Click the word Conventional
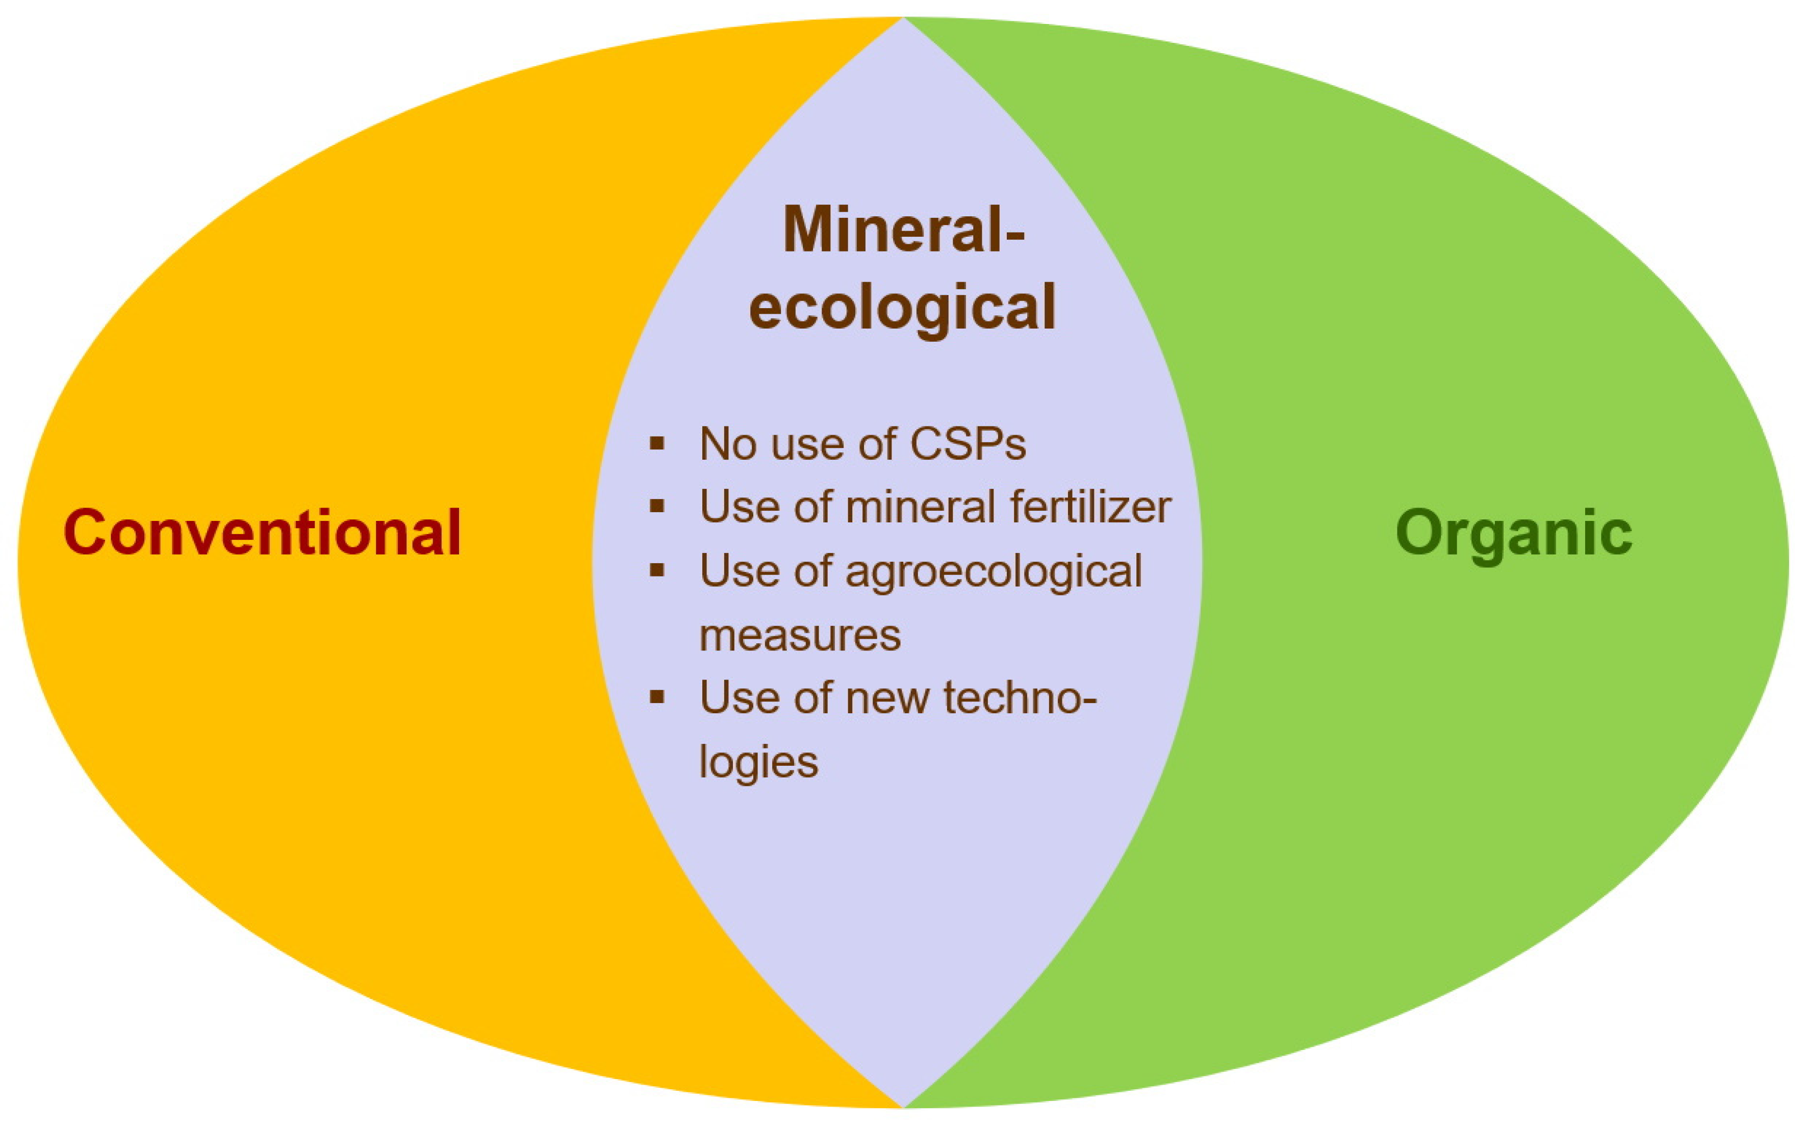pyautogui.click(x=263, y=532)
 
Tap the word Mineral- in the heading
pyautogui.click(x=904, y=229)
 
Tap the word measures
pyautogui.click(x=800, y=636)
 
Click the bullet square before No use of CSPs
pyautogui.click(x=657, y=444)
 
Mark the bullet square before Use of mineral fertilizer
pyautogui.click(x=657, y=507)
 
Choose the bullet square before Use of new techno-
pyautogui.click(x=657, y=697)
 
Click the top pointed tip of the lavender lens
pyautogui.click(x=903, y=18)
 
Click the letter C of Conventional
pyautogui.click(x=85, y=533)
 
